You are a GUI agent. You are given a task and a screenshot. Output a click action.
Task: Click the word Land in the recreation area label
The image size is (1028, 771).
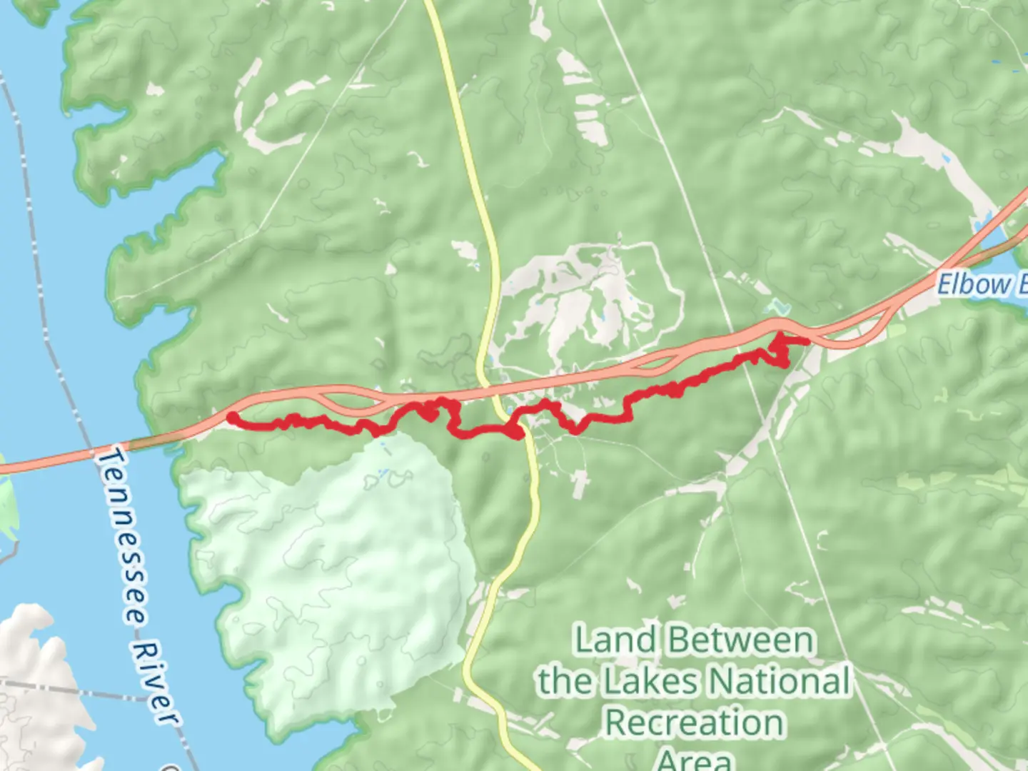coord(615,640)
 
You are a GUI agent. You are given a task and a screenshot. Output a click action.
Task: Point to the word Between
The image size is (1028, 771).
coord(742,640)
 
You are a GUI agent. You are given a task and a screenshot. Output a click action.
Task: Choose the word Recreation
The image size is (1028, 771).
coord(694,722)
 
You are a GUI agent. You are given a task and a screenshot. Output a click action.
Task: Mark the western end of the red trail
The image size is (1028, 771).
coord(232,417)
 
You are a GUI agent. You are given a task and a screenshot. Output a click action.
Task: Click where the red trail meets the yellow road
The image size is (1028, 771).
coord(520,432)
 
